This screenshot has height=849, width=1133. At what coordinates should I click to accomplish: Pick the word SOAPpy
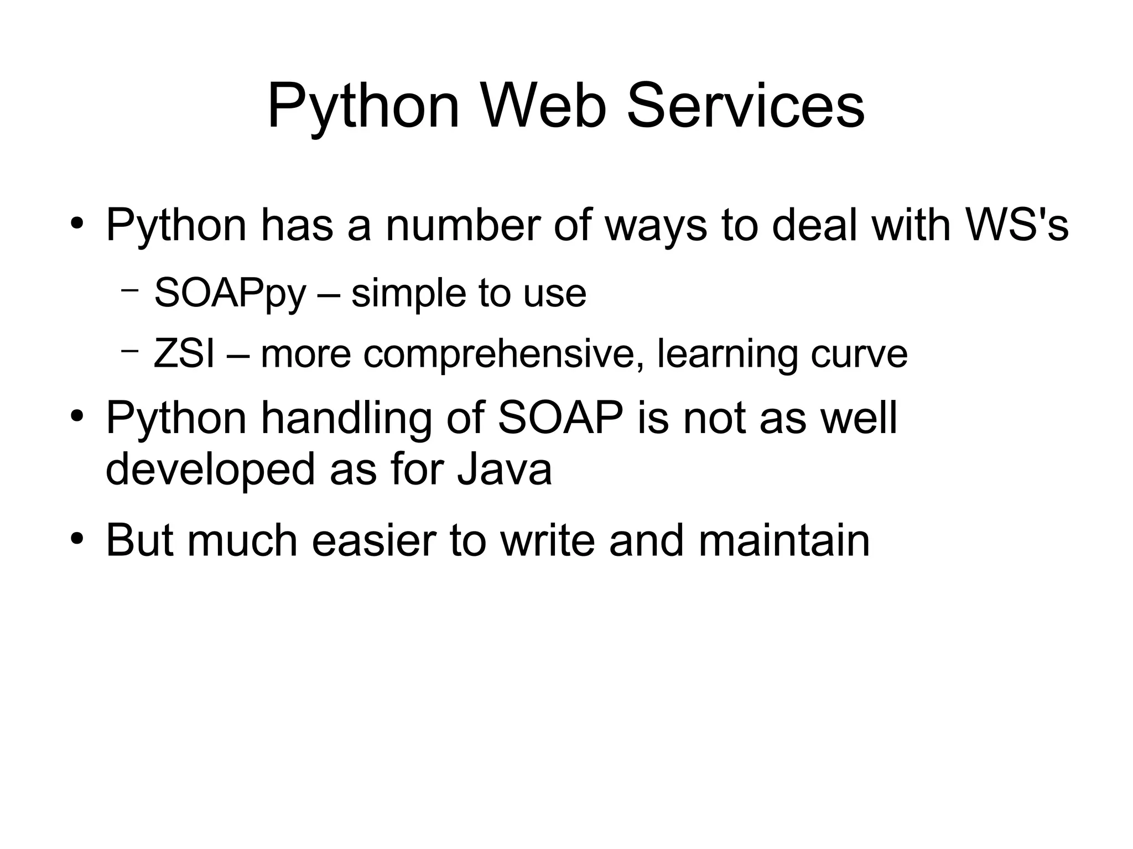[230, 294]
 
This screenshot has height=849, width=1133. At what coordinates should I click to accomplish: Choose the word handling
[346, 419]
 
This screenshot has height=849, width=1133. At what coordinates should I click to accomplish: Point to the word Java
[505, 470]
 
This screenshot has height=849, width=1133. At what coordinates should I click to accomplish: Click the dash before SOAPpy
[129, 289]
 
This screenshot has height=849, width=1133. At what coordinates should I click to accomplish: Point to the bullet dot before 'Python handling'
[77, 415]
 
